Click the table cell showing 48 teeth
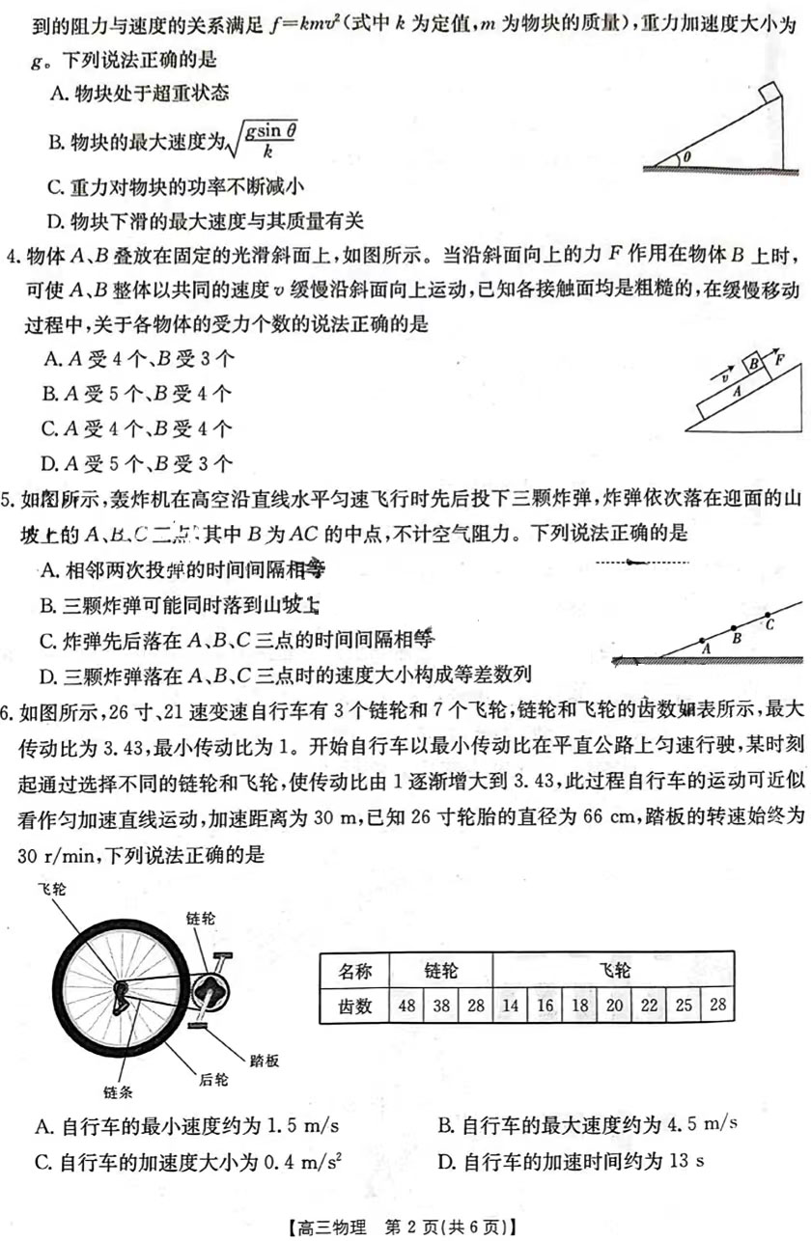(406, 1007)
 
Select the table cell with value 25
(684, 1007)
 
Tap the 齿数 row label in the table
(353, 1007)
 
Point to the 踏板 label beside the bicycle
(265, 1061)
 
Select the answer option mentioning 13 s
(570, 1161)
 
